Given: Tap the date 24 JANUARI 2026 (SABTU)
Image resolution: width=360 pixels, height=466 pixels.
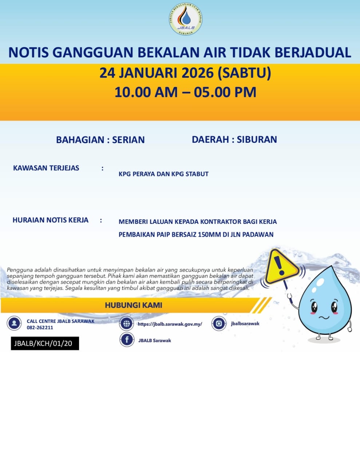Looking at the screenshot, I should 185,73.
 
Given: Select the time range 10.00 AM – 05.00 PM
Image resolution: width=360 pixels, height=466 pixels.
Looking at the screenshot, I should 185,92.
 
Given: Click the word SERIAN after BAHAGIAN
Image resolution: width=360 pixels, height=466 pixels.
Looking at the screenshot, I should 128,140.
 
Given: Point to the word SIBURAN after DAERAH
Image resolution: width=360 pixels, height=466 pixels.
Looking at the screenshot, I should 257,139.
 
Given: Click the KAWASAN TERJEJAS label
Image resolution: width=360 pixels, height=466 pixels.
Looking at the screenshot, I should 46,168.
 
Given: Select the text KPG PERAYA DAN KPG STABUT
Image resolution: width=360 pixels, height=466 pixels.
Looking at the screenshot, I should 163,174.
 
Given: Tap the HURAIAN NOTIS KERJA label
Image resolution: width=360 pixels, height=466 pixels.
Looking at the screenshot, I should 51,220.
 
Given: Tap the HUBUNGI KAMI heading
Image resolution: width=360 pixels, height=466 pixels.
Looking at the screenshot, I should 134,305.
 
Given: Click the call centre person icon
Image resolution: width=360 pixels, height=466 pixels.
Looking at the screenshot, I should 14,323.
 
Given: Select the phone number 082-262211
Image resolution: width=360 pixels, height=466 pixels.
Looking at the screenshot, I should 40,328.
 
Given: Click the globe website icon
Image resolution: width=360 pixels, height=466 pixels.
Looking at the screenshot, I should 127,323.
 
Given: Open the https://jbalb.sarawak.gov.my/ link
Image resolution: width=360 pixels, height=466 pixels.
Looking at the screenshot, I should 170,324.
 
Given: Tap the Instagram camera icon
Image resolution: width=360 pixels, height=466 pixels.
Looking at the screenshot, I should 219,323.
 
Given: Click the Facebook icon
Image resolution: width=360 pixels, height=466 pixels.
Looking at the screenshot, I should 127,340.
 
